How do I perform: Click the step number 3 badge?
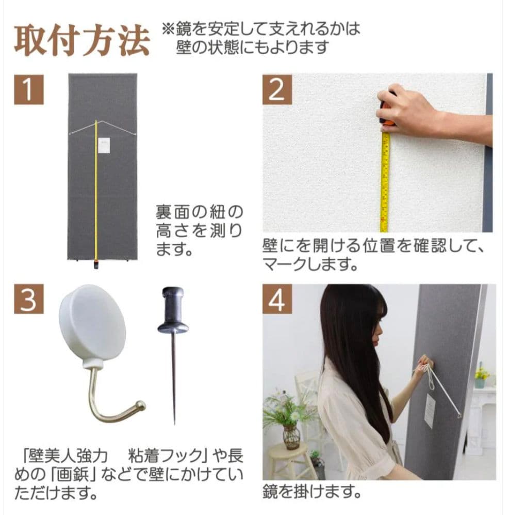[x=28, y=299]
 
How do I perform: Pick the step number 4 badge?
[x=277, y=299]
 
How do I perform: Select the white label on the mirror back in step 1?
[x=105, y=145]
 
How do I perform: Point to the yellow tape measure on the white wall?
[x=385, y=181]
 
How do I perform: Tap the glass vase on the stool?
[x=291, y=437]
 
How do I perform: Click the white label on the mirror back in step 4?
[x=430, y=411]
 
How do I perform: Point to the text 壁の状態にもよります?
[x=252, y=47]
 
